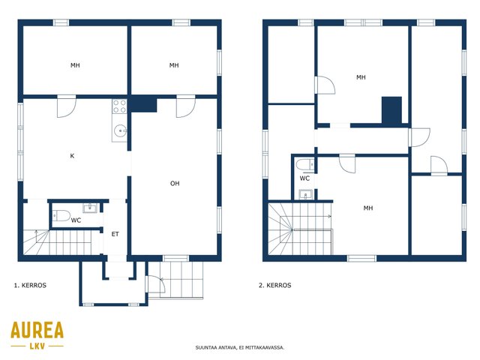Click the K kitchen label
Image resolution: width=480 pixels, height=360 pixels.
coord(72,156)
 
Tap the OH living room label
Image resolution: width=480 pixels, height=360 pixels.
coord(175,183)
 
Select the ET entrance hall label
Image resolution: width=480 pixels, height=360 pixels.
coord(115,234)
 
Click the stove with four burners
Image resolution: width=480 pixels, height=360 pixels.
coord(119,106)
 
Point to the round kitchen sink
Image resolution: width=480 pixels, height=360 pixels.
coord(120,131)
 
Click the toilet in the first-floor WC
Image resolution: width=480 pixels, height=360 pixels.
coord(61,215)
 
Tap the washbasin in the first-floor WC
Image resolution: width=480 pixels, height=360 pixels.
coord(90,208)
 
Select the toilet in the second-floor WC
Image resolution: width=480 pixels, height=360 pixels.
coord(305,164)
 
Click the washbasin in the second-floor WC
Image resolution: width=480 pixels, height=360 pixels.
coord(305,194)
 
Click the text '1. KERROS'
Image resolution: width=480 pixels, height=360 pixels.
coord(30,285)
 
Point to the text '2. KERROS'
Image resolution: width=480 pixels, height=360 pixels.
coord(275,285)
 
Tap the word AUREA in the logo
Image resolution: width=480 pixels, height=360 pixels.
coord(37,330)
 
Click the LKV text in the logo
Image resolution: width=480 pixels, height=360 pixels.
coord(37,346)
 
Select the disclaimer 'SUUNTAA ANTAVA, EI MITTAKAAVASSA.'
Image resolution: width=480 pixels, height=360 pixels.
coord(240,347)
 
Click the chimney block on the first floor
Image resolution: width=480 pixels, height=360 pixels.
coord(142,104)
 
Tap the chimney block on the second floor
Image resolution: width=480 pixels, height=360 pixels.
coord(391,110)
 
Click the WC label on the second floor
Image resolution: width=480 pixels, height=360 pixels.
coord(304,178)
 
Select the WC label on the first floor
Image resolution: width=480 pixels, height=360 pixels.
coord(76,220)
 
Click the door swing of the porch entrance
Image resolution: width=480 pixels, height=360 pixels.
coord(157,284)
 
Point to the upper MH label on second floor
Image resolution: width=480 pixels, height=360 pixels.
coord(361,77)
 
